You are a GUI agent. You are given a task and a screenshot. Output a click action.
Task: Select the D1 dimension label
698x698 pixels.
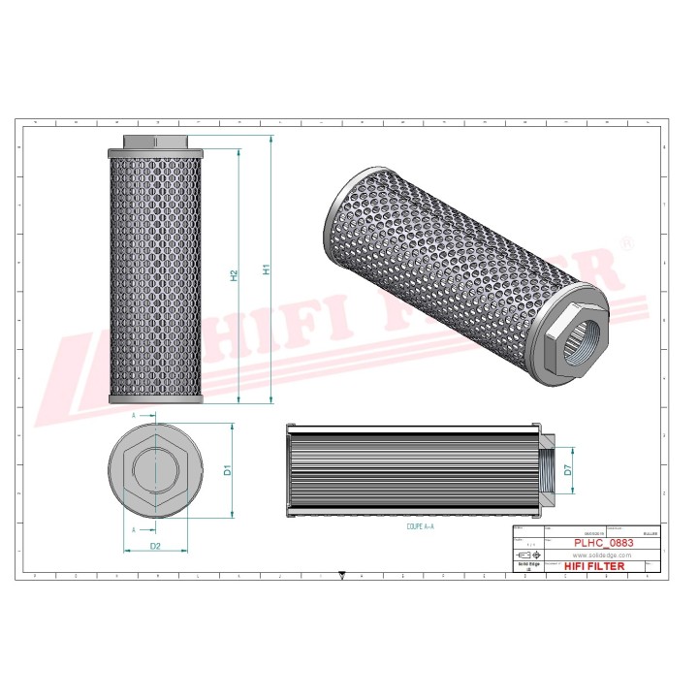(228, 470)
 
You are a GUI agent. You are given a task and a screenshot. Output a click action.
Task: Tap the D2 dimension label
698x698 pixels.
(154, 547)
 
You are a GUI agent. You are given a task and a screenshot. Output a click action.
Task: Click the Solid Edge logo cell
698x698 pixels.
(527, 566)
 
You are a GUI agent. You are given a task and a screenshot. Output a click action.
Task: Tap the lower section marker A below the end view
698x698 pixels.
(133, 530)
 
